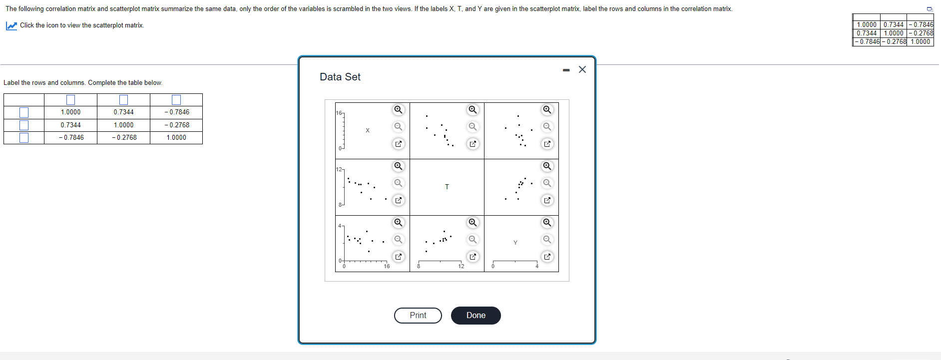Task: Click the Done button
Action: click(x=475, y=316)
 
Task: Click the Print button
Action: click(x=418, y=316)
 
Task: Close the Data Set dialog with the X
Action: click(x=582, y=69)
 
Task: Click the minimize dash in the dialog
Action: click(x=566, y=70)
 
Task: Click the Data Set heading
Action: click(x=340, y=77)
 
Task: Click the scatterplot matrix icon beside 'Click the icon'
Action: click(x=11, y=25)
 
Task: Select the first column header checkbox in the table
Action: click(x=70, y=100)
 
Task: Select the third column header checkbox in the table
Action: click(x=176, y=100)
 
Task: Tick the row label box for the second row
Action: click(x=24, y=125)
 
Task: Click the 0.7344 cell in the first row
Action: click(x=123, y=112)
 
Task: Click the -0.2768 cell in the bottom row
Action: click(x=124, y=138)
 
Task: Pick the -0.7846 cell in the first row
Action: click(x=176, y=112)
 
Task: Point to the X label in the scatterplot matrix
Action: click(x=368, y=130)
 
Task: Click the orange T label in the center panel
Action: click(x=447, y=187)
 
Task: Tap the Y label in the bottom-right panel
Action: click(x=515, y=243)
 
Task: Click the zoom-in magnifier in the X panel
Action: click(x=398, y=110)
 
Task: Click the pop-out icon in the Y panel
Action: click(x=547, y=257)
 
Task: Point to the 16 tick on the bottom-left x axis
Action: click(x=387, y=266)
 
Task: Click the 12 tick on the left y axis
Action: click(x=339, y=169)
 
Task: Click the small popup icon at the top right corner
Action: click(x=930, y=9)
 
